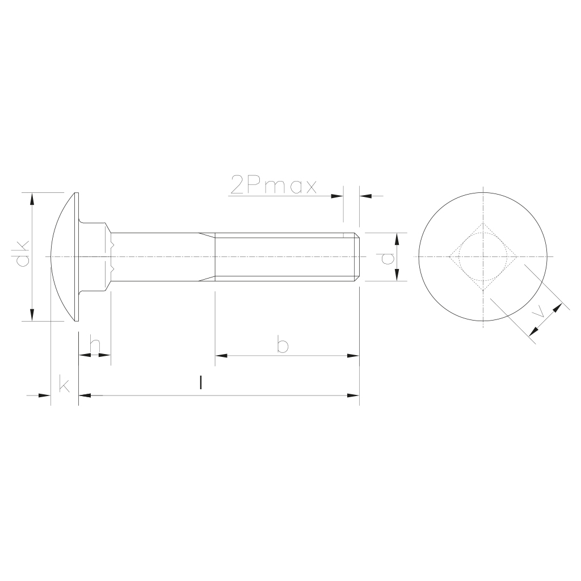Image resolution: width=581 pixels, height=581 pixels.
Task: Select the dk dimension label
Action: [x=23, y=254]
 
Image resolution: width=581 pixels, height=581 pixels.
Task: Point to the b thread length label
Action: [x=283, y=344]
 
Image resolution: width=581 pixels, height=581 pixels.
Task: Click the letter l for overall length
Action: [x=200, y=383]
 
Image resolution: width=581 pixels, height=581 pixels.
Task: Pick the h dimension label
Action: [x=95, y=344]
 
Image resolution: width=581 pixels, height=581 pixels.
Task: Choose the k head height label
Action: [x=64, y=384]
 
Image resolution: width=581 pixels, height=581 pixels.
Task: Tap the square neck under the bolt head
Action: [x=95, y=257]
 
